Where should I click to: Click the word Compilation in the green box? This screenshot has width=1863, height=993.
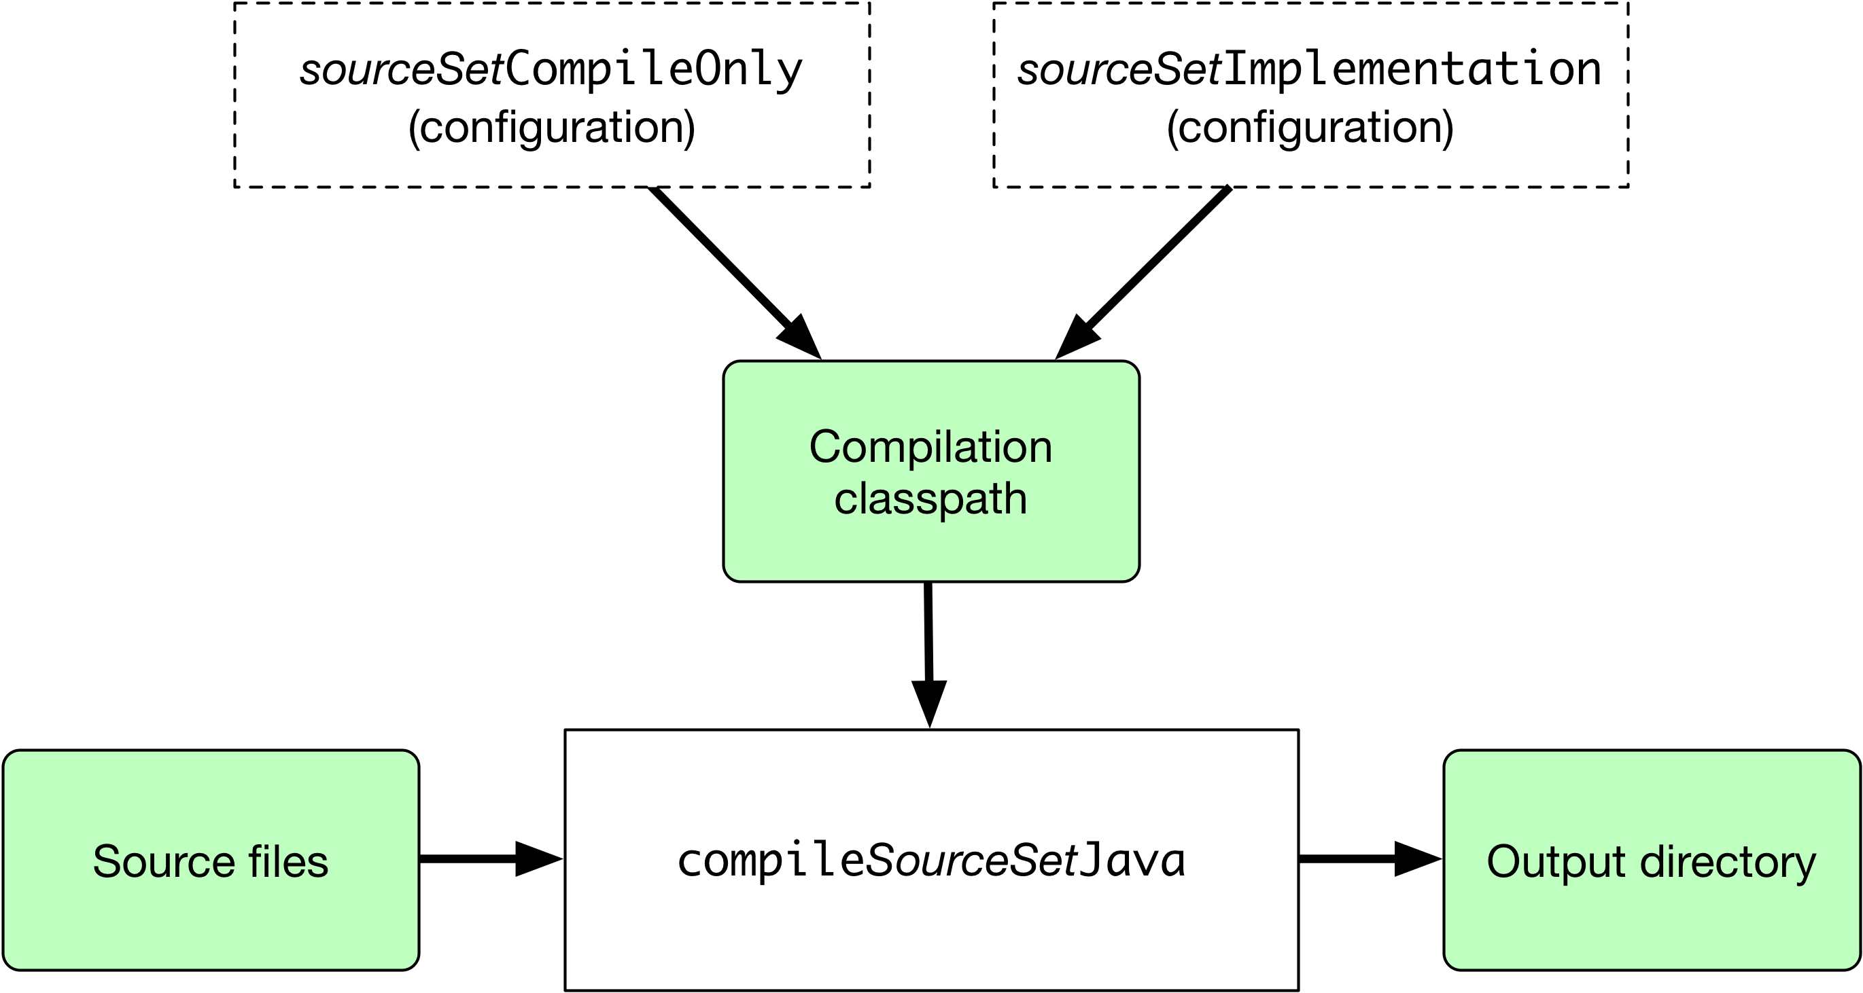pos(930,448)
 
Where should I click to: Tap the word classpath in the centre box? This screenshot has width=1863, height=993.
pos(930,499)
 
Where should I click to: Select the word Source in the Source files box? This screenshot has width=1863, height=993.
pos(163,861)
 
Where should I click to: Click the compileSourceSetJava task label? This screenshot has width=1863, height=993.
pos(930,861)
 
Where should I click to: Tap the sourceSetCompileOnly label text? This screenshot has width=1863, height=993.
pos(551,71)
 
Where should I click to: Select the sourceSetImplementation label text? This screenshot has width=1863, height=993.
pos(1309,70)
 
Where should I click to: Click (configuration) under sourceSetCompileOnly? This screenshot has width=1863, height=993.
pos(551,128)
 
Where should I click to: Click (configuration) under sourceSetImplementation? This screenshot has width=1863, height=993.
pos(1310,128)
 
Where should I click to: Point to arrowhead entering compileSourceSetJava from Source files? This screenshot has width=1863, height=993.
pos(538,859)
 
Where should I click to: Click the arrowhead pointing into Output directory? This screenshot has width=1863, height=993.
pos(1418,859)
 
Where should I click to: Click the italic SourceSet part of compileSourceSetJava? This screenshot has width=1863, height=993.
pos(971,861)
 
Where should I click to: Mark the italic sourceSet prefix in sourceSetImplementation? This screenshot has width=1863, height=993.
pos(1119,71)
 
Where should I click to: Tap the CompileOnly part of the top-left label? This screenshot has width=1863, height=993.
pos(654,71)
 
